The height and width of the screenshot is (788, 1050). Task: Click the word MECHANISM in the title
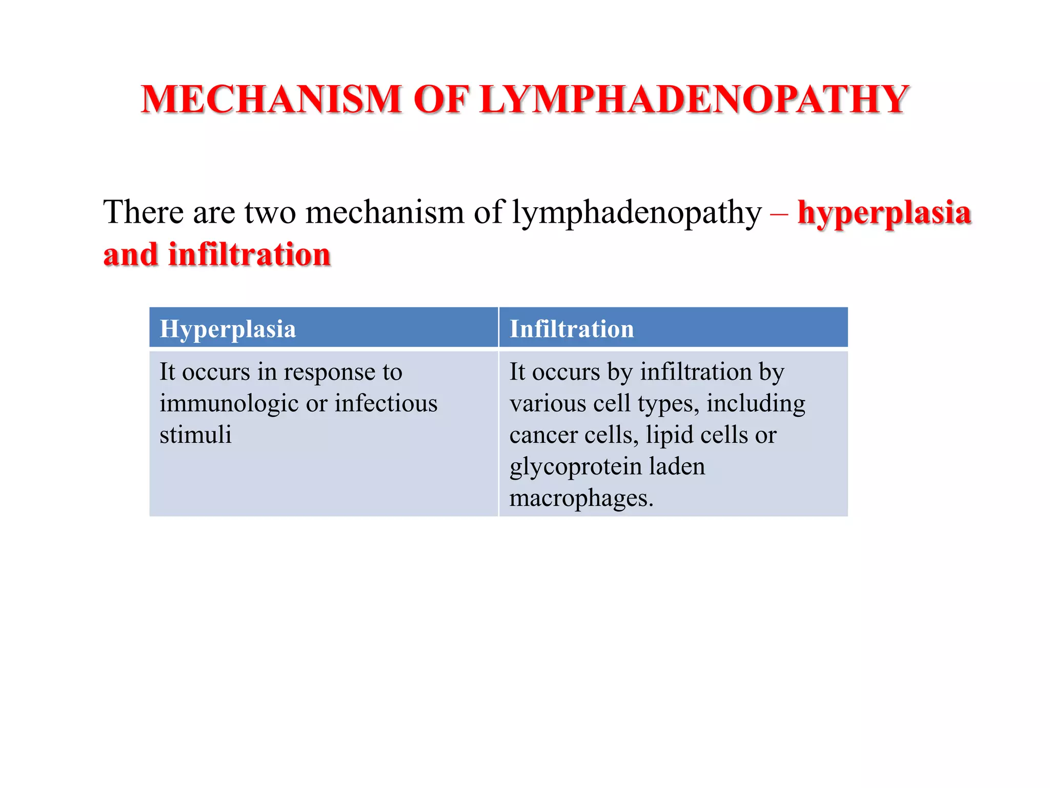click(271, 99)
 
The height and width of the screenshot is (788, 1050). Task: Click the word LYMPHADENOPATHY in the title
click(694, 99)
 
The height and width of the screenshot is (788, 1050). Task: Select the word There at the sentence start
click(143, 212)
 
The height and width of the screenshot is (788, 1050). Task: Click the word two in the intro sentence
click(270, 213)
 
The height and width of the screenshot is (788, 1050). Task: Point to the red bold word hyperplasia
click(884, 213)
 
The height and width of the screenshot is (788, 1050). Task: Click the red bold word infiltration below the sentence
click(249, 254)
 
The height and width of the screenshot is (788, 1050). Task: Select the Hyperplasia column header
click(228, 329)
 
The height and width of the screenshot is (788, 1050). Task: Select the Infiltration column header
click(572, 329)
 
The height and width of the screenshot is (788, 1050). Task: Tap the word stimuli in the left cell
click(195, 435)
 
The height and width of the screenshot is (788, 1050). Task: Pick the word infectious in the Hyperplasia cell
click(386, 403)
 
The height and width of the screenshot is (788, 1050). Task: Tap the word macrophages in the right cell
click(581, 498)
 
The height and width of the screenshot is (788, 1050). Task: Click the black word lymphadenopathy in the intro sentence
click(637, 213)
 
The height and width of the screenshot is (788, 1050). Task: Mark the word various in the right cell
click(548, 404)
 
